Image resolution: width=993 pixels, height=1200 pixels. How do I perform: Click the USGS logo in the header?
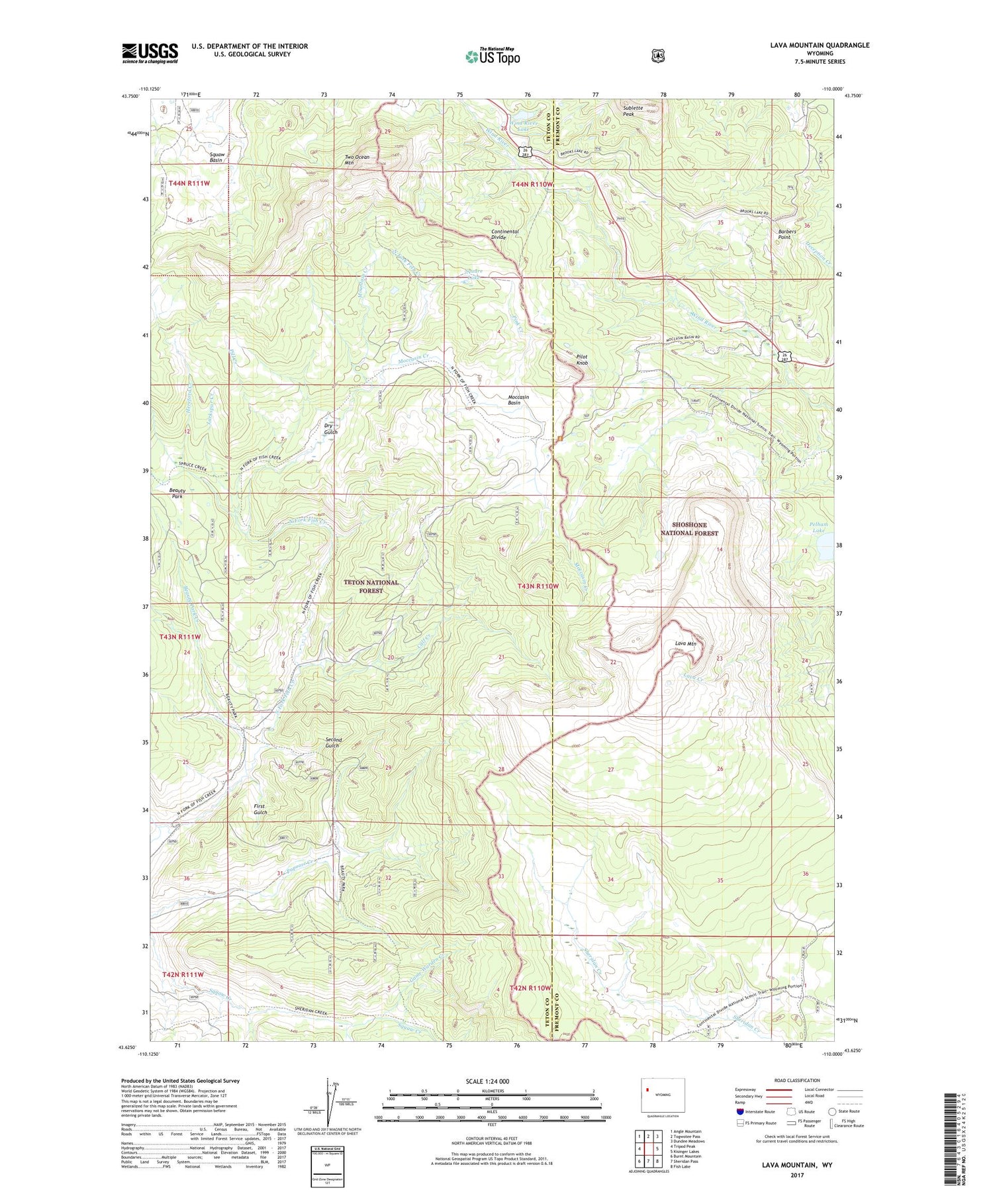coord(150,53)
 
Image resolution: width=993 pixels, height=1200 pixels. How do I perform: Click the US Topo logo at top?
coord(493,56)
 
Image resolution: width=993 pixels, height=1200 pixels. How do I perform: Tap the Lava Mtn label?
coord(685,643)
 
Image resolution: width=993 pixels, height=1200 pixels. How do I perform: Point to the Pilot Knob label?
coord(582,360)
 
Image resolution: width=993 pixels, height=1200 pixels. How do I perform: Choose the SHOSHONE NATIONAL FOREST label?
coord(689,529)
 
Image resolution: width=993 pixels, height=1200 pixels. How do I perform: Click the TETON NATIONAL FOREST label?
coord(371,586)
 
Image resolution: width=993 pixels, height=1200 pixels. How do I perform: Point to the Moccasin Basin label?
coord(518,399)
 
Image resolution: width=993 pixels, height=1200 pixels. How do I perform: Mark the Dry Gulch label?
coord(330,428)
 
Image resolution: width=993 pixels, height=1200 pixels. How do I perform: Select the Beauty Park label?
coord(177,493)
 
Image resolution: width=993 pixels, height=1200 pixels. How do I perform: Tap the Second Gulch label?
coord(333,743)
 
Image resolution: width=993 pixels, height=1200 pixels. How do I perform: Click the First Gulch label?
coord(260,809)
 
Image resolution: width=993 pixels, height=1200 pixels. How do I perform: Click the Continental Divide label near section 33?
coord(504,234)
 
